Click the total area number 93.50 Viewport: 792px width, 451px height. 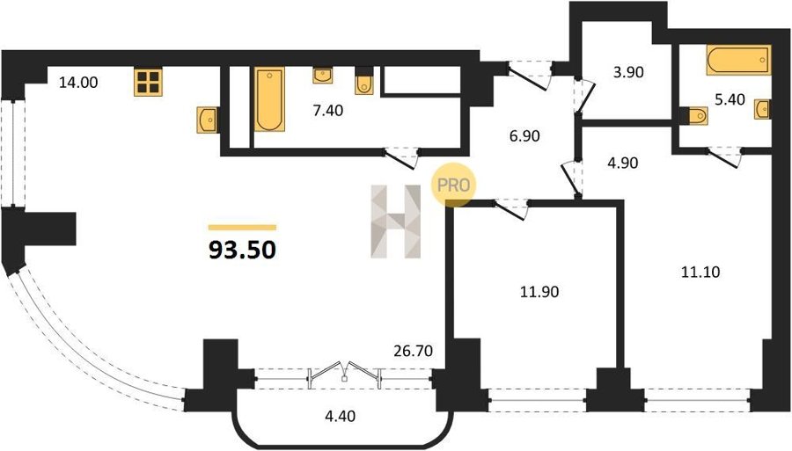tap(243, 249)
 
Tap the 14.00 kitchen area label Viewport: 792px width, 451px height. tap(78, 83)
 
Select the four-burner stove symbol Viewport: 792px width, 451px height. tap(148, 82)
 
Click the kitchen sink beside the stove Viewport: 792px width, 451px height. tap(207, 120)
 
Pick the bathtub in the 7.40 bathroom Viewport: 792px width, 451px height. tap(269, 99)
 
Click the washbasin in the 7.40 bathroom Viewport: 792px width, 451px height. tap(323, 76)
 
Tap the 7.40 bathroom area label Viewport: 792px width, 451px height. tap(328, 111)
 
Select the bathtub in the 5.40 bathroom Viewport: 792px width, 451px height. tap(739, 60)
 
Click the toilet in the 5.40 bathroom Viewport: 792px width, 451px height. tap(694, 116)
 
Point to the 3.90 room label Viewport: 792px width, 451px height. tap(628, 72)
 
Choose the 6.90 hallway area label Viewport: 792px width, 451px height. tap(524, 135)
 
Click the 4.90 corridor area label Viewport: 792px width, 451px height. tap(623, 163)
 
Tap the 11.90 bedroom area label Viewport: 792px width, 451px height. tap(539, 292)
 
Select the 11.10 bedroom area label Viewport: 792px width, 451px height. tap(700, 273)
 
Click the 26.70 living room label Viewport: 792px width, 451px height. tap(414, 351)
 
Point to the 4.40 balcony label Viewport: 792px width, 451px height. tap(340, 416)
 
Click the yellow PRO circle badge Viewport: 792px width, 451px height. tap(453, 185)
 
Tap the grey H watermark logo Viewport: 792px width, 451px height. tap(396, 222)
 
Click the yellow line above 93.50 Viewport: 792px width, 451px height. tap(243, 228)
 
